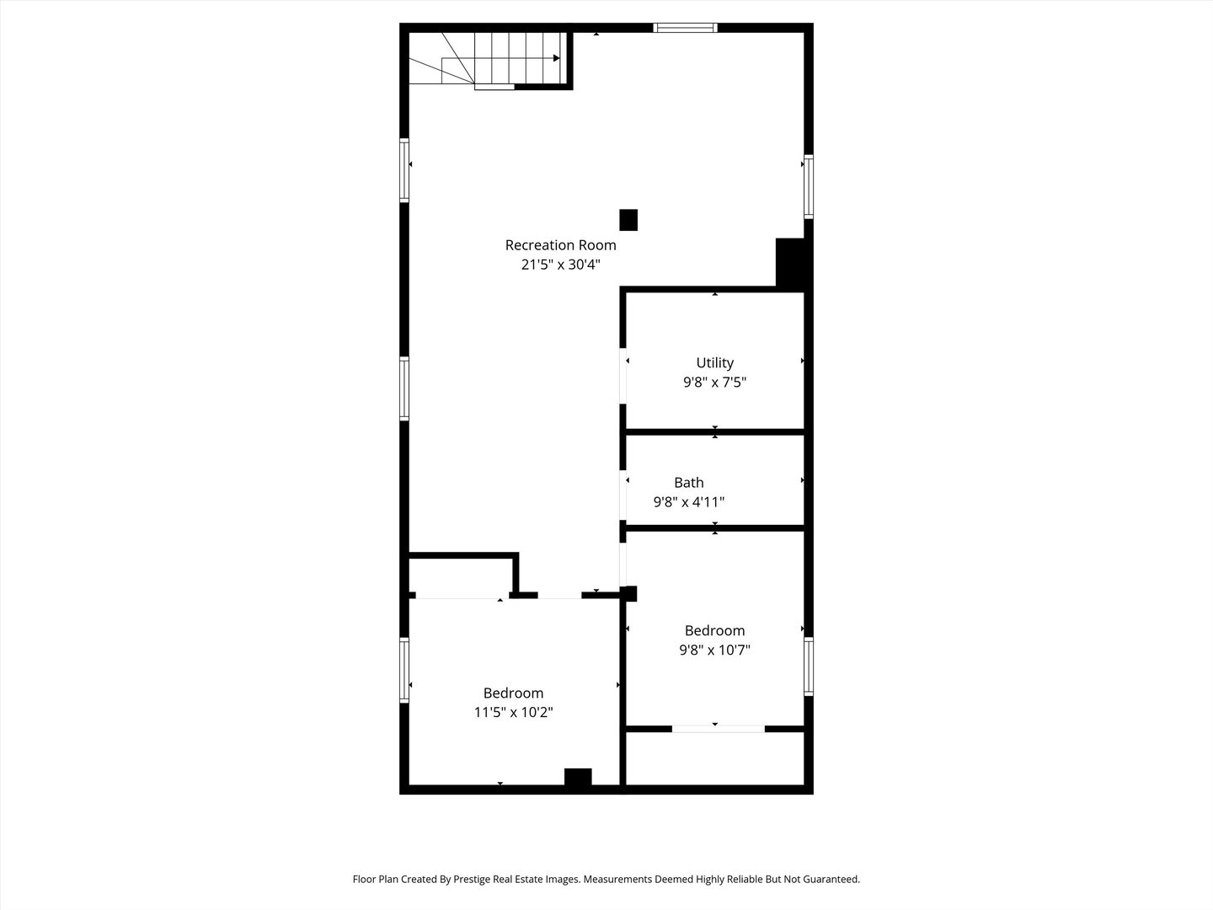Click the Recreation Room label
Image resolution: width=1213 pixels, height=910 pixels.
560,245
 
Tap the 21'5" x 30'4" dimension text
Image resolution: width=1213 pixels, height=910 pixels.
560,265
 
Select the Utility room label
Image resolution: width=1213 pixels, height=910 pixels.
714,363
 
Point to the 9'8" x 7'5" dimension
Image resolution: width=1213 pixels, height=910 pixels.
714,383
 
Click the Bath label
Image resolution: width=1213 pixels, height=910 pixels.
688,483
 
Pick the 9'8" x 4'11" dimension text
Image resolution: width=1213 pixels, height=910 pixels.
688,502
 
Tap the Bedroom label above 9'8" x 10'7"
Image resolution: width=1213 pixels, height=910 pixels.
714,630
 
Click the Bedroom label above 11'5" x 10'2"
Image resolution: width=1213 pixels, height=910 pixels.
513,693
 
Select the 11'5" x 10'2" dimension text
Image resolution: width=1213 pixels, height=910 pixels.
513,713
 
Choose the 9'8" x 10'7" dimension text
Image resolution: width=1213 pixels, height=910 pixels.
714,650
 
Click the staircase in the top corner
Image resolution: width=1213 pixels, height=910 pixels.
489,58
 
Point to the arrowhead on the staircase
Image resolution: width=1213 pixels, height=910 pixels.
556,58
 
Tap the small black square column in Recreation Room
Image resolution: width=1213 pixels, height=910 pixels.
628,220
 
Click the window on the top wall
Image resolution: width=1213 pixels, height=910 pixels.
686,28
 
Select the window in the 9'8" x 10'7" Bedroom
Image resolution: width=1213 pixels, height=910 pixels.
808,666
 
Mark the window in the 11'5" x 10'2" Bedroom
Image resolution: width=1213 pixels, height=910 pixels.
404,670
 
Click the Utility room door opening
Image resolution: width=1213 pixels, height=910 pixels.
623,376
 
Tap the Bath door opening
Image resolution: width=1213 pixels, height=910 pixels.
623,495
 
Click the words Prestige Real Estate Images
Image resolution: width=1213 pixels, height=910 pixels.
516,879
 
